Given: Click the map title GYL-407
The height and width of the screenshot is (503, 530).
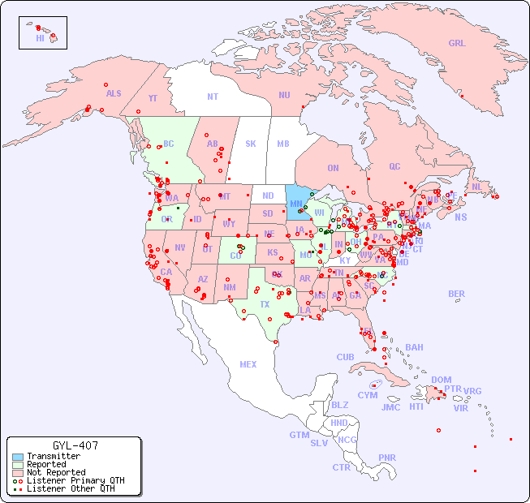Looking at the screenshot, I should pos(75,445).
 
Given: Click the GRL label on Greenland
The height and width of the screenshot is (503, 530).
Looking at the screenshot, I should pos(457,44).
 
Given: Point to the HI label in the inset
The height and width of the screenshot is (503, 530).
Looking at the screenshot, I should pos(40,37).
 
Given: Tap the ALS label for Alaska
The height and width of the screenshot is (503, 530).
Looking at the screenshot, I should pos(114,93).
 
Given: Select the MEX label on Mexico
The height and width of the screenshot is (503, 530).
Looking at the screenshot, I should pos(248,364).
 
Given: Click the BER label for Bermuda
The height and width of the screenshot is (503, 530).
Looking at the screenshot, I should pos(457,294).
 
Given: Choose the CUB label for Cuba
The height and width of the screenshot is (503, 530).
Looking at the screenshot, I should pos(346,357).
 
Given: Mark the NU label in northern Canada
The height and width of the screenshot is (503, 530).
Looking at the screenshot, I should pos(284,95).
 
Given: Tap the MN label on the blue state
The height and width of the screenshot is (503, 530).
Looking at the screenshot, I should pos(296,204).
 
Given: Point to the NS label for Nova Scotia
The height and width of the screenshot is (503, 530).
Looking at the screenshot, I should pos(460,217).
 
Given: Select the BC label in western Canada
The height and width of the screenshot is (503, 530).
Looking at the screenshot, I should pos(169,144).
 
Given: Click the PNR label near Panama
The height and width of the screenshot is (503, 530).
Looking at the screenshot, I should pos(387,458).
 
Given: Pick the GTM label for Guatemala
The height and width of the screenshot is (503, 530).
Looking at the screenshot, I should pos(299,435).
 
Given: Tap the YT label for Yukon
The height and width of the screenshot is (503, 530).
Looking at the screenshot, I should pos(153,98).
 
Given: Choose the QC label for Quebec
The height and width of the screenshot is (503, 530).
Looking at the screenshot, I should pos(394,166).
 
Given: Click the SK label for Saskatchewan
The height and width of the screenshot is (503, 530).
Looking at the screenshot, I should pos(251,144).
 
